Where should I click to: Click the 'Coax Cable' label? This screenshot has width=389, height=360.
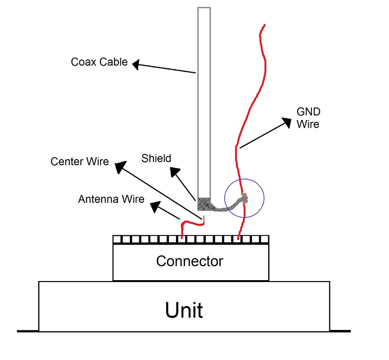pyautogui.click(x=99, y=62)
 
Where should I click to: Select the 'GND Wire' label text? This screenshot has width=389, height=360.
pyautogui.click(x=308, y=118)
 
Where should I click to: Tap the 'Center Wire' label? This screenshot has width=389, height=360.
pyautogui.click(x=80, y=162)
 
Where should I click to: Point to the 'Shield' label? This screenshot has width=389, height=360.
pyautogui.click(x=156, y=158)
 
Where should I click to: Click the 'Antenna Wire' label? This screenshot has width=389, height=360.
pyautogui.click(x=111, y=199)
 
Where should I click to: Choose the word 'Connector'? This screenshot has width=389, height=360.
pyautogui.click(x=190, y=261)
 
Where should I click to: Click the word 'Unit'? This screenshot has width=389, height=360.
pyautogui.click(x=184, y=310)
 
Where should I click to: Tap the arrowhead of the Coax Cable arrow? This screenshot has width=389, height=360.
pyautogui.click(x=137, y=65)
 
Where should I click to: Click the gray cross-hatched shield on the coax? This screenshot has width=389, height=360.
pyautogui.click(x=204, y=204)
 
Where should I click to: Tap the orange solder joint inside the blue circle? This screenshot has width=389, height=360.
pyautogui.click(x=244, y=199)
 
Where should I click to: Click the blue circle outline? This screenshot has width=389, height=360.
pyautogui.click(x=264, y=199)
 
